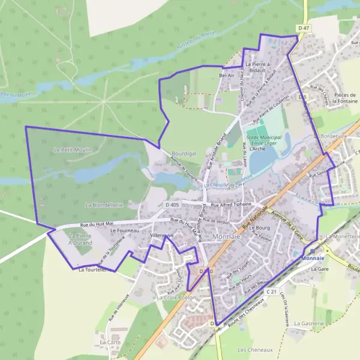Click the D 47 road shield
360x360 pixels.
point(304,28)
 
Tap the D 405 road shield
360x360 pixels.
point(172,205)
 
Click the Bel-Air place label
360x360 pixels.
point(227,76)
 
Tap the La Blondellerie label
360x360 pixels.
point(104,205)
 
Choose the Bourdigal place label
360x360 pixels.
point(184,154)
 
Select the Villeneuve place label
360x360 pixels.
point(162,235)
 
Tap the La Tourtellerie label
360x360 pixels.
point(96,270)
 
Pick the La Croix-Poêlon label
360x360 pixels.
point(176,297)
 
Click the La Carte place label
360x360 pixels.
point(110,342)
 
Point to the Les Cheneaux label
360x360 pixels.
point(255,350)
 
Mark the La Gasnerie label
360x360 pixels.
point(309,323)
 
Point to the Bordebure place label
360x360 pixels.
point(335,136)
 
